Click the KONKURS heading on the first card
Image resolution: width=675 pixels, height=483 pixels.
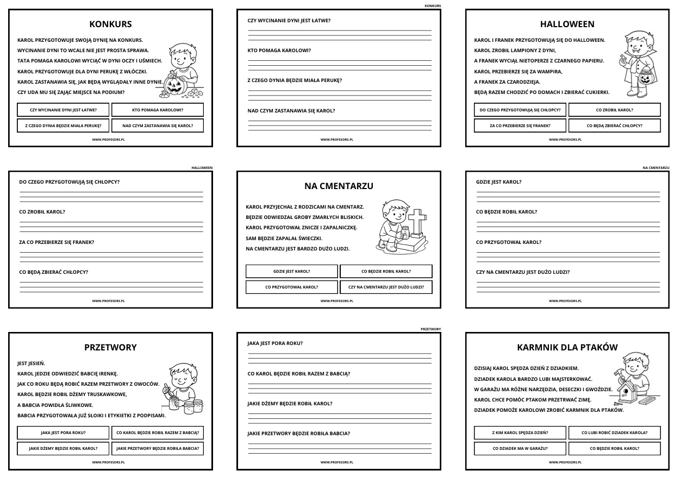coord(110,24)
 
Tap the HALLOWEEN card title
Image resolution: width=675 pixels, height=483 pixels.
coord(567,24)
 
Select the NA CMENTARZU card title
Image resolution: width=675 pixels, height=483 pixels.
coord(339,186)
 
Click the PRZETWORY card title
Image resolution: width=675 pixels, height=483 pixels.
coord(110,347)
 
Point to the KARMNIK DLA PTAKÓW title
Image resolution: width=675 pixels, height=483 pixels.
coord(567,347)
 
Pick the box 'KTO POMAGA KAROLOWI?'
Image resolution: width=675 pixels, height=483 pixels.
coord(158,110)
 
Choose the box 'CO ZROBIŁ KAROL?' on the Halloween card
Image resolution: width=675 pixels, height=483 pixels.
coord(614,110)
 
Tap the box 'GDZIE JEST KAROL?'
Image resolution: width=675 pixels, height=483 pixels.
coord(292,271)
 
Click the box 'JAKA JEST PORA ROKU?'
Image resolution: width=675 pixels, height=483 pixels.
coord(63,433)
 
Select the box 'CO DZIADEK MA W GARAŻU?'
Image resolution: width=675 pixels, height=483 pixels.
coord(520,449)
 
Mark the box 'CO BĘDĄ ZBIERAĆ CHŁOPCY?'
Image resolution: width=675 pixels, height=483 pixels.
coord(614,126)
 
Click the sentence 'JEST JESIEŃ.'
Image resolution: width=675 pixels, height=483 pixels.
coord(32,363)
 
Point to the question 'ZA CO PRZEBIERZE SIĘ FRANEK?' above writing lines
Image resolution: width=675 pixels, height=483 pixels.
coord(57,242)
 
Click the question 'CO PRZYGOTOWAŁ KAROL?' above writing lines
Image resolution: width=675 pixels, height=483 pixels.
coord(508,242)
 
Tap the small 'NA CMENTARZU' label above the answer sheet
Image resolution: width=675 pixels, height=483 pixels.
coord(655,168)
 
